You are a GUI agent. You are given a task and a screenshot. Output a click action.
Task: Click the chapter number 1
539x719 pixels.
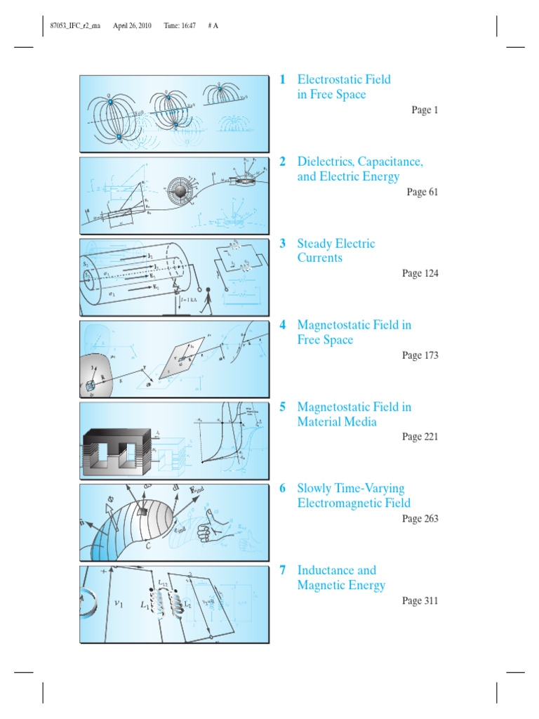point(282,79)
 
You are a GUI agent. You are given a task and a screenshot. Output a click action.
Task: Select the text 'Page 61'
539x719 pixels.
point(422,192)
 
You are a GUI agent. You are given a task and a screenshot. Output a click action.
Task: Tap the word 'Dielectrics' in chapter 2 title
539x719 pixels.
point(328,161)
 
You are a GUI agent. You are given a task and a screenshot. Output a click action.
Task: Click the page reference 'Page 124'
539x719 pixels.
point(420,273)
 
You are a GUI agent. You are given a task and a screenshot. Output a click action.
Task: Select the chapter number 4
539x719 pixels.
point(282,325)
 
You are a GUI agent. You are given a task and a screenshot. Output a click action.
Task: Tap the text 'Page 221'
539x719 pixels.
point(420,437)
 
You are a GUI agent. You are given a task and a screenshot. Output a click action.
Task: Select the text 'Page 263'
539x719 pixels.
point(420,519)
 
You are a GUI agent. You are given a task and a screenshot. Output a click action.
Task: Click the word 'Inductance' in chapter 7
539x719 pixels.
point(326,570)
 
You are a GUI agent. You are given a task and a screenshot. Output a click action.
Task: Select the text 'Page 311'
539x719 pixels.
point(420,601)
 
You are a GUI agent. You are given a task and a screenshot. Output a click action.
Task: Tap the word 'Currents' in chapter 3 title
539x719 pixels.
point(319,258)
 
